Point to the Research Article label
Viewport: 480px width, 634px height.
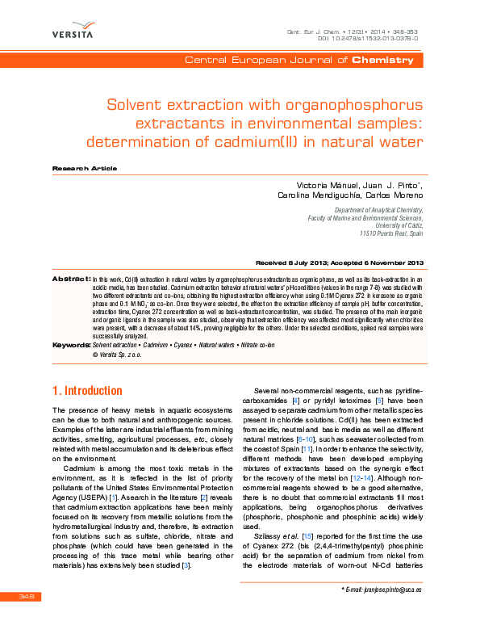pos(84,168)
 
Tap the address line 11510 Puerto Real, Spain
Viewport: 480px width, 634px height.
pos(390,233)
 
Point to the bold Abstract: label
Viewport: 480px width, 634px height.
pos(71,279)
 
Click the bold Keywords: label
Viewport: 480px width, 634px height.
pos(71,345)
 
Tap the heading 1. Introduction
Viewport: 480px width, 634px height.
pos(87,391)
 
